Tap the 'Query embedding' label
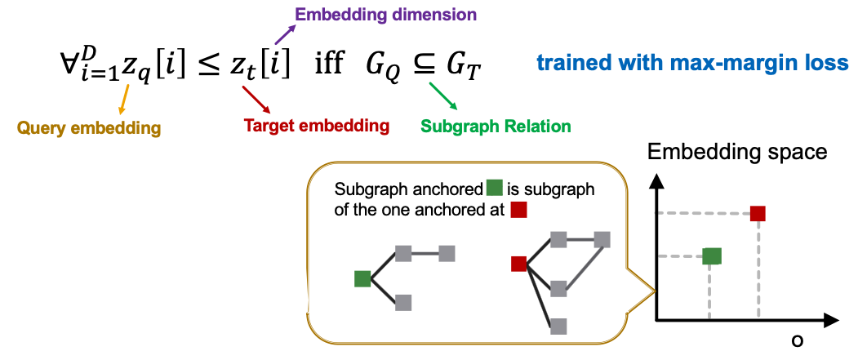pyautogui.click(x=89, y=127)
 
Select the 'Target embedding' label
pyautogui.click(x=317, y=126)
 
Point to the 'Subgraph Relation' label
pyautogui.click(x=495, y=126)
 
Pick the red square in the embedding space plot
pyautogui.click(x=758, y=213)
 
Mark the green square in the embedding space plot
pyautogui.click(x=712, y=256)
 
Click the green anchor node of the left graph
pyautogui.click(x=362, y=278)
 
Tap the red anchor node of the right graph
pyautogui.click(x=518, y=263)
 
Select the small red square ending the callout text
pyautogui.click(x=518, y=210)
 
